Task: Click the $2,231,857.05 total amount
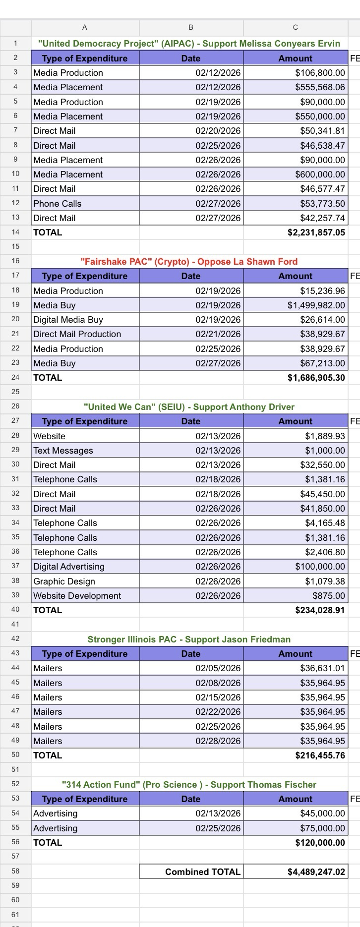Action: point(316,232)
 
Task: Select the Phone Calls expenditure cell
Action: point(57,204)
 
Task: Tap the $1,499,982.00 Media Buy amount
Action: point(316,305)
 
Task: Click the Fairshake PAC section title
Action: point(189,262)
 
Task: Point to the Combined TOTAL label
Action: point(202,872)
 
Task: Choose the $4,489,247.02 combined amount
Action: point(316,872)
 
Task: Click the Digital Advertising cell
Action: point(68,567)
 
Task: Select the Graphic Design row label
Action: point(64,581)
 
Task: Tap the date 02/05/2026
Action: point(218,668)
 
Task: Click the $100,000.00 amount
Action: point(320,567)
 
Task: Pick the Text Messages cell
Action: point(63,451)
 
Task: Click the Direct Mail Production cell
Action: point(77,334)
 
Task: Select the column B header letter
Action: point(191,27)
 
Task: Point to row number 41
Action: point(15,625)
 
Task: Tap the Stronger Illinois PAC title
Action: point(189,639)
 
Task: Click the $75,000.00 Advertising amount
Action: point(322,828)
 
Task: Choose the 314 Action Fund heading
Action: point(189,785)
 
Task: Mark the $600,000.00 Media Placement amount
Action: point(320,174)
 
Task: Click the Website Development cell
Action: point(77,596)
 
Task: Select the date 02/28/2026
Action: point(218,741)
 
